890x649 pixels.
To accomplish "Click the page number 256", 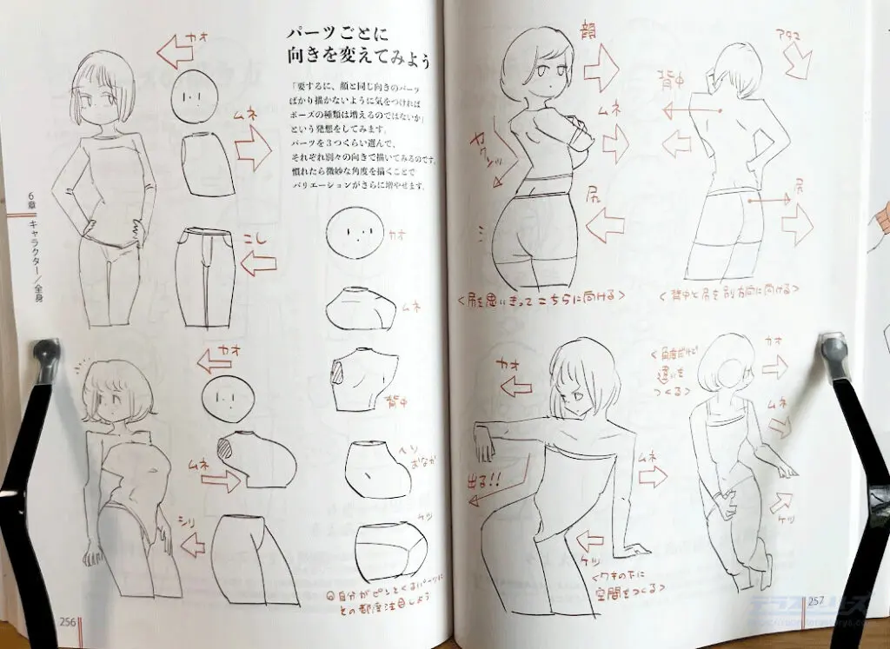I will tap(69, 621).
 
